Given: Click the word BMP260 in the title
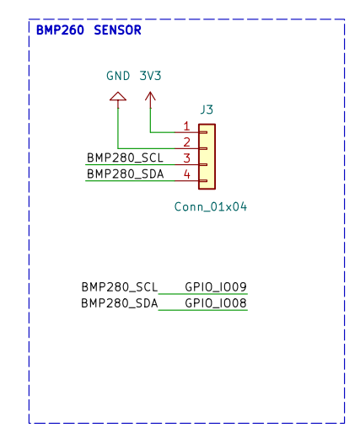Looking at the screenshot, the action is point(60,30).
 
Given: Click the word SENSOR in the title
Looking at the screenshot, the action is point(117,30).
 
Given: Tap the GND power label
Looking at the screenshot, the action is point(118,76).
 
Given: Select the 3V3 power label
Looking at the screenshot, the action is point(150,76).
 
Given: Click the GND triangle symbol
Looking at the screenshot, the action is point(118,97).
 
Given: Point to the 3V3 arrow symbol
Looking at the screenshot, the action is point(150,97).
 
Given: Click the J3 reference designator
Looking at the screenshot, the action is point(207,110).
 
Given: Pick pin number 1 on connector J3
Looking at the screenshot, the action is point(186,126).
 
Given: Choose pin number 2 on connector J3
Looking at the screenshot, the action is point(186,142).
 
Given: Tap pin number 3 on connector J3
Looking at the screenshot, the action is point(186,158).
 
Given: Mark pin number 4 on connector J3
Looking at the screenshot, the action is point(186,174).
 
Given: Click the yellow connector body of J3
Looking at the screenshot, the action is point(207,157).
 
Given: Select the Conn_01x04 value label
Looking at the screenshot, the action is point(211,207).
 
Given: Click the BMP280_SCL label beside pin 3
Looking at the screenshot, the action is point(125,158).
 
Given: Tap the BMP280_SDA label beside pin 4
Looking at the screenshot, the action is point(126,174).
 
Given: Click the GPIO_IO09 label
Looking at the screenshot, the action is point(216,287).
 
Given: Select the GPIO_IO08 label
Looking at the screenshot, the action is point(216,303).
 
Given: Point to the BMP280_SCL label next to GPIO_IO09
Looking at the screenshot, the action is point(120,287).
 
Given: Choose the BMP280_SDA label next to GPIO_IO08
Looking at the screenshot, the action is point(120,303).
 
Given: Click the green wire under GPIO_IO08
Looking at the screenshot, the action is point(203,310).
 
